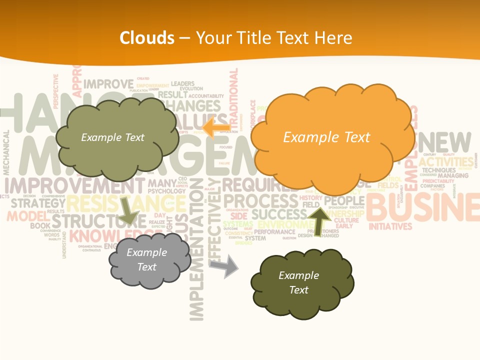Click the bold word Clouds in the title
[147, 38]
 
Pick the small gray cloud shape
[148, 260]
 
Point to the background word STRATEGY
[38, 203]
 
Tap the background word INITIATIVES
[390, 226]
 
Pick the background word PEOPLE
[344, 201]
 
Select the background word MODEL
[26, 216]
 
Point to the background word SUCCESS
[279, 214]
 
